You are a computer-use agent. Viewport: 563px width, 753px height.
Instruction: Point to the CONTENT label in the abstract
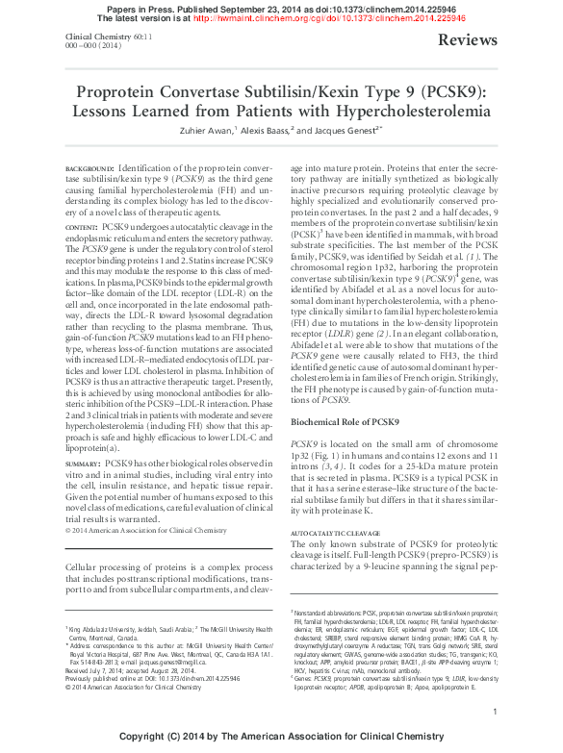[81, 225]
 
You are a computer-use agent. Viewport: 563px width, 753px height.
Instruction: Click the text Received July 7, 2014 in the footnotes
[96, 671]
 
